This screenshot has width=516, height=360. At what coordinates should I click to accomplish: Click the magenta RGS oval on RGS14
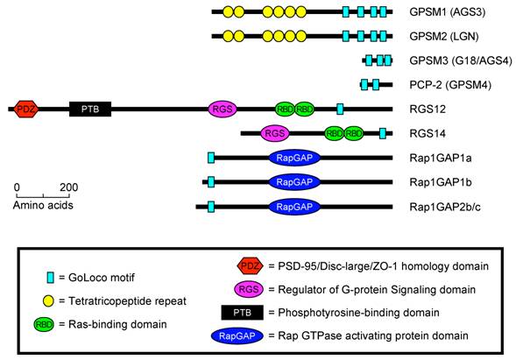[x=275, y=133]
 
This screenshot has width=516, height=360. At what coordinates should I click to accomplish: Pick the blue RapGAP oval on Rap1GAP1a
[x=294, y=158]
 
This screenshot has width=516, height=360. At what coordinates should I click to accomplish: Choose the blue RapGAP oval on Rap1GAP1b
[x=294, y=182]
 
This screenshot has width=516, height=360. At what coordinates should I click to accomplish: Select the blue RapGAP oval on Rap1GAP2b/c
[x=294, y=208]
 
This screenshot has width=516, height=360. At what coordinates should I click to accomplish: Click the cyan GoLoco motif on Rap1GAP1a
[x=211, y=158]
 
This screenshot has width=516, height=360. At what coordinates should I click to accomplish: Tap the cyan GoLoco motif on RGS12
[x=340, y=109]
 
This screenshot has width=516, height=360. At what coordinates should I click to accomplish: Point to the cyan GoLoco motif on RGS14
[x=383, y=133]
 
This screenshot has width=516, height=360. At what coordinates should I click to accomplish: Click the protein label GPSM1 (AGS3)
[x=444, y=12]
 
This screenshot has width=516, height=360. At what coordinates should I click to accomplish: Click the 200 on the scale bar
[x=68, y=187]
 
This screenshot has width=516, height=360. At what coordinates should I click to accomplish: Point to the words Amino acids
[x=42, y=205]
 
